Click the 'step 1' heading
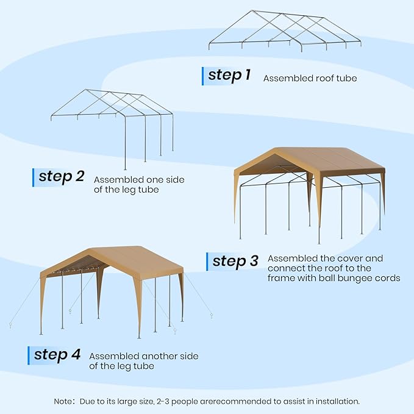[x=229, y=76]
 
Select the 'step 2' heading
[x=61, y=177]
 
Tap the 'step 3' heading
[x=236, y=262]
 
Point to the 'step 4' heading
[x=57, y=355]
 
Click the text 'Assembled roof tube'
[x=310, y=78]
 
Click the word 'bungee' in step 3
[x=352, y=278]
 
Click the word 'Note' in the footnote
[x=64, y=401]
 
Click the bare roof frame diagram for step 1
[x=285, y=30]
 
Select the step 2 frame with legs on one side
[x=113, y=122]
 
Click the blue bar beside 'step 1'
[x=203, y=76]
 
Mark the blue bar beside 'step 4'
[x=29, y=355]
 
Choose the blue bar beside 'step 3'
[x=207, y=262]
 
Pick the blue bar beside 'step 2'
[x=34, y=177]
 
